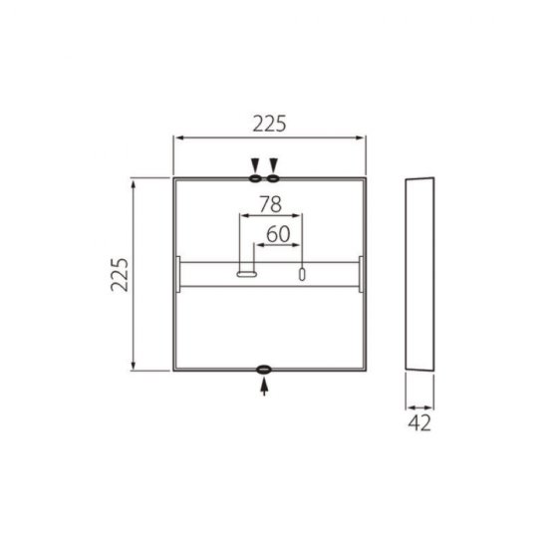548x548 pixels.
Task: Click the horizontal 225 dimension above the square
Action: point(269,124)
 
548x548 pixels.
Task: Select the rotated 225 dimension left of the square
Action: point(121,274)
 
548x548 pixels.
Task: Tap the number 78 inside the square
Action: point(269,205)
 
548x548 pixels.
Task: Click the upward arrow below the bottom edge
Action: point(264,388)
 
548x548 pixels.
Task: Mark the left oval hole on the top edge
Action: point(255,178)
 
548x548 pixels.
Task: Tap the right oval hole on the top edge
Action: point(274,178)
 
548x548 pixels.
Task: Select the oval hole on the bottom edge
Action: point(264,371)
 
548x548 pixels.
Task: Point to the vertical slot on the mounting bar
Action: point(302,274)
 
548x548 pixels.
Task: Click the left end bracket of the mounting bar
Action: point(177,275)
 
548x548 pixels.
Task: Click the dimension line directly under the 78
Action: point(269,216)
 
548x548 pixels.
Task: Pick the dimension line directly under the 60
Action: point(278,245)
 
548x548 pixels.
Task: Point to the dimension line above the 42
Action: point(419,406)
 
